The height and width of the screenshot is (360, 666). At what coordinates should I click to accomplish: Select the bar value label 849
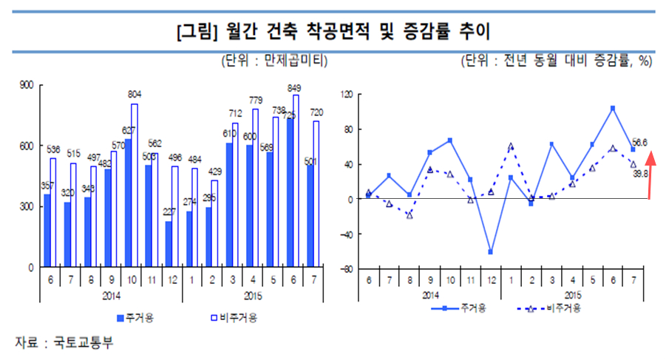(295, 87)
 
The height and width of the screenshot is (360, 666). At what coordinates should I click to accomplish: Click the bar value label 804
(135, 95)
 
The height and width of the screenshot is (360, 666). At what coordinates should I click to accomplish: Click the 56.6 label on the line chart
(641, 142)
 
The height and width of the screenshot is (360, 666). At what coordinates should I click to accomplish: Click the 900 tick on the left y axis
(25, 85)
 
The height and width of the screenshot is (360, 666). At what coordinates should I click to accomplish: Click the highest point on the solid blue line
(613, 108)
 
